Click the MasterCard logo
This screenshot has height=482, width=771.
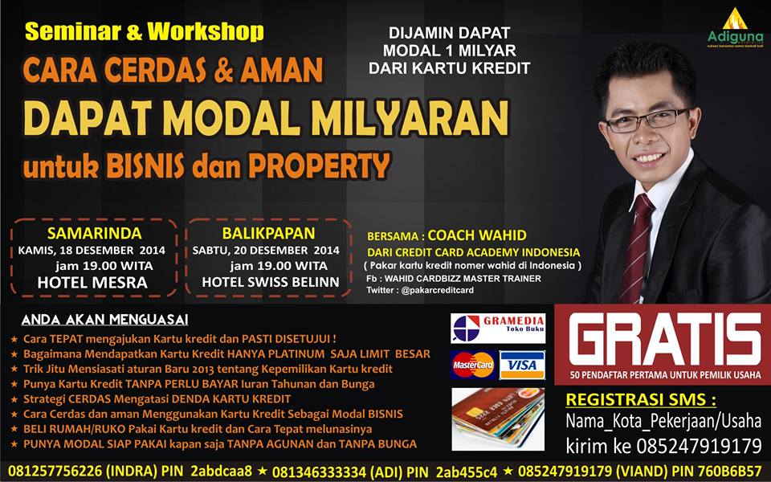tap(472, 365)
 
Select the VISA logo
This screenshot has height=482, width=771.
tap(521, 366)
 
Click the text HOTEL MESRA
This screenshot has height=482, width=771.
tap(92, 282)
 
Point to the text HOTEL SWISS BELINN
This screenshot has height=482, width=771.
tap(271, 282)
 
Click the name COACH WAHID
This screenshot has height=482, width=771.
tap(477, 235)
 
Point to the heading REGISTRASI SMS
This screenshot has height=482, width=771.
tap(641, 399)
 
